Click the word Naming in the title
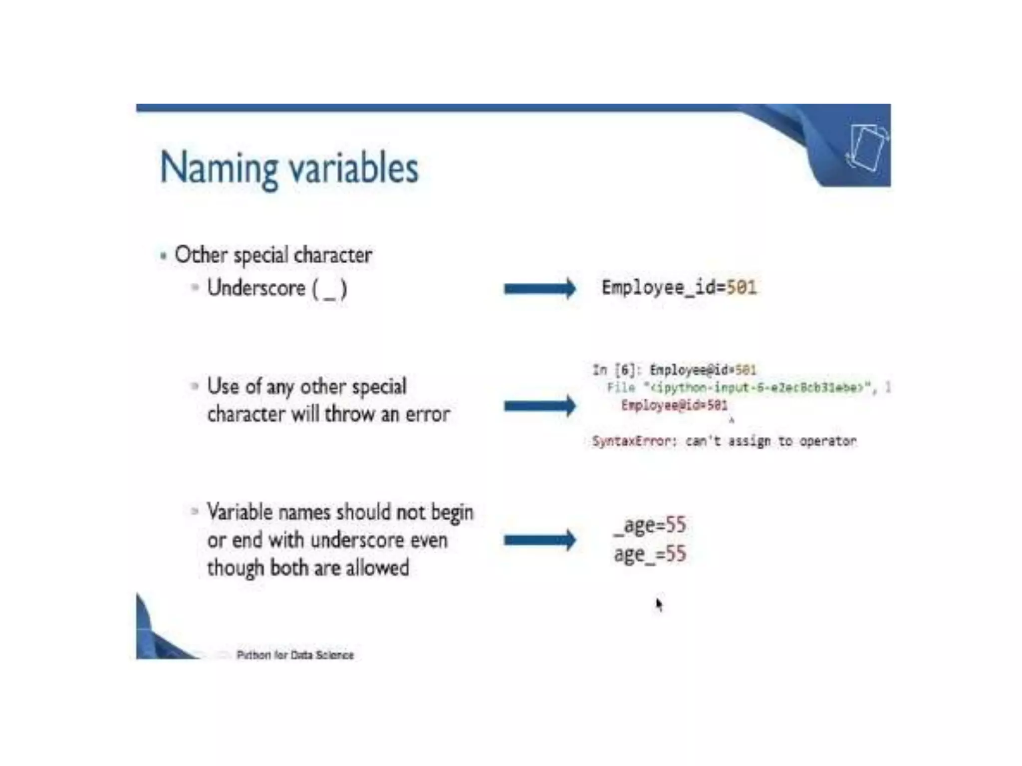pos(219,169)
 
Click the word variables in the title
pos(354,168)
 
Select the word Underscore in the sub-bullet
pos(256,288)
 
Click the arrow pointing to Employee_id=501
pos(539,288)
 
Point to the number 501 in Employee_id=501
pos(742,287)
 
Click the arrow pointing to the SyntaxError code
pos(539,406)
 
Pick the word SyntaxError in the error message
pos(631,441)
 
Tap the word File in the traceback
pos(621,387)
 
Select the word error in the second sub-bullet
pos(428,414)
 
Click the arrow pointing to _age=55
pos(539,540)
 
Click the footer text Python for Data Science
pos(295,655)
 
